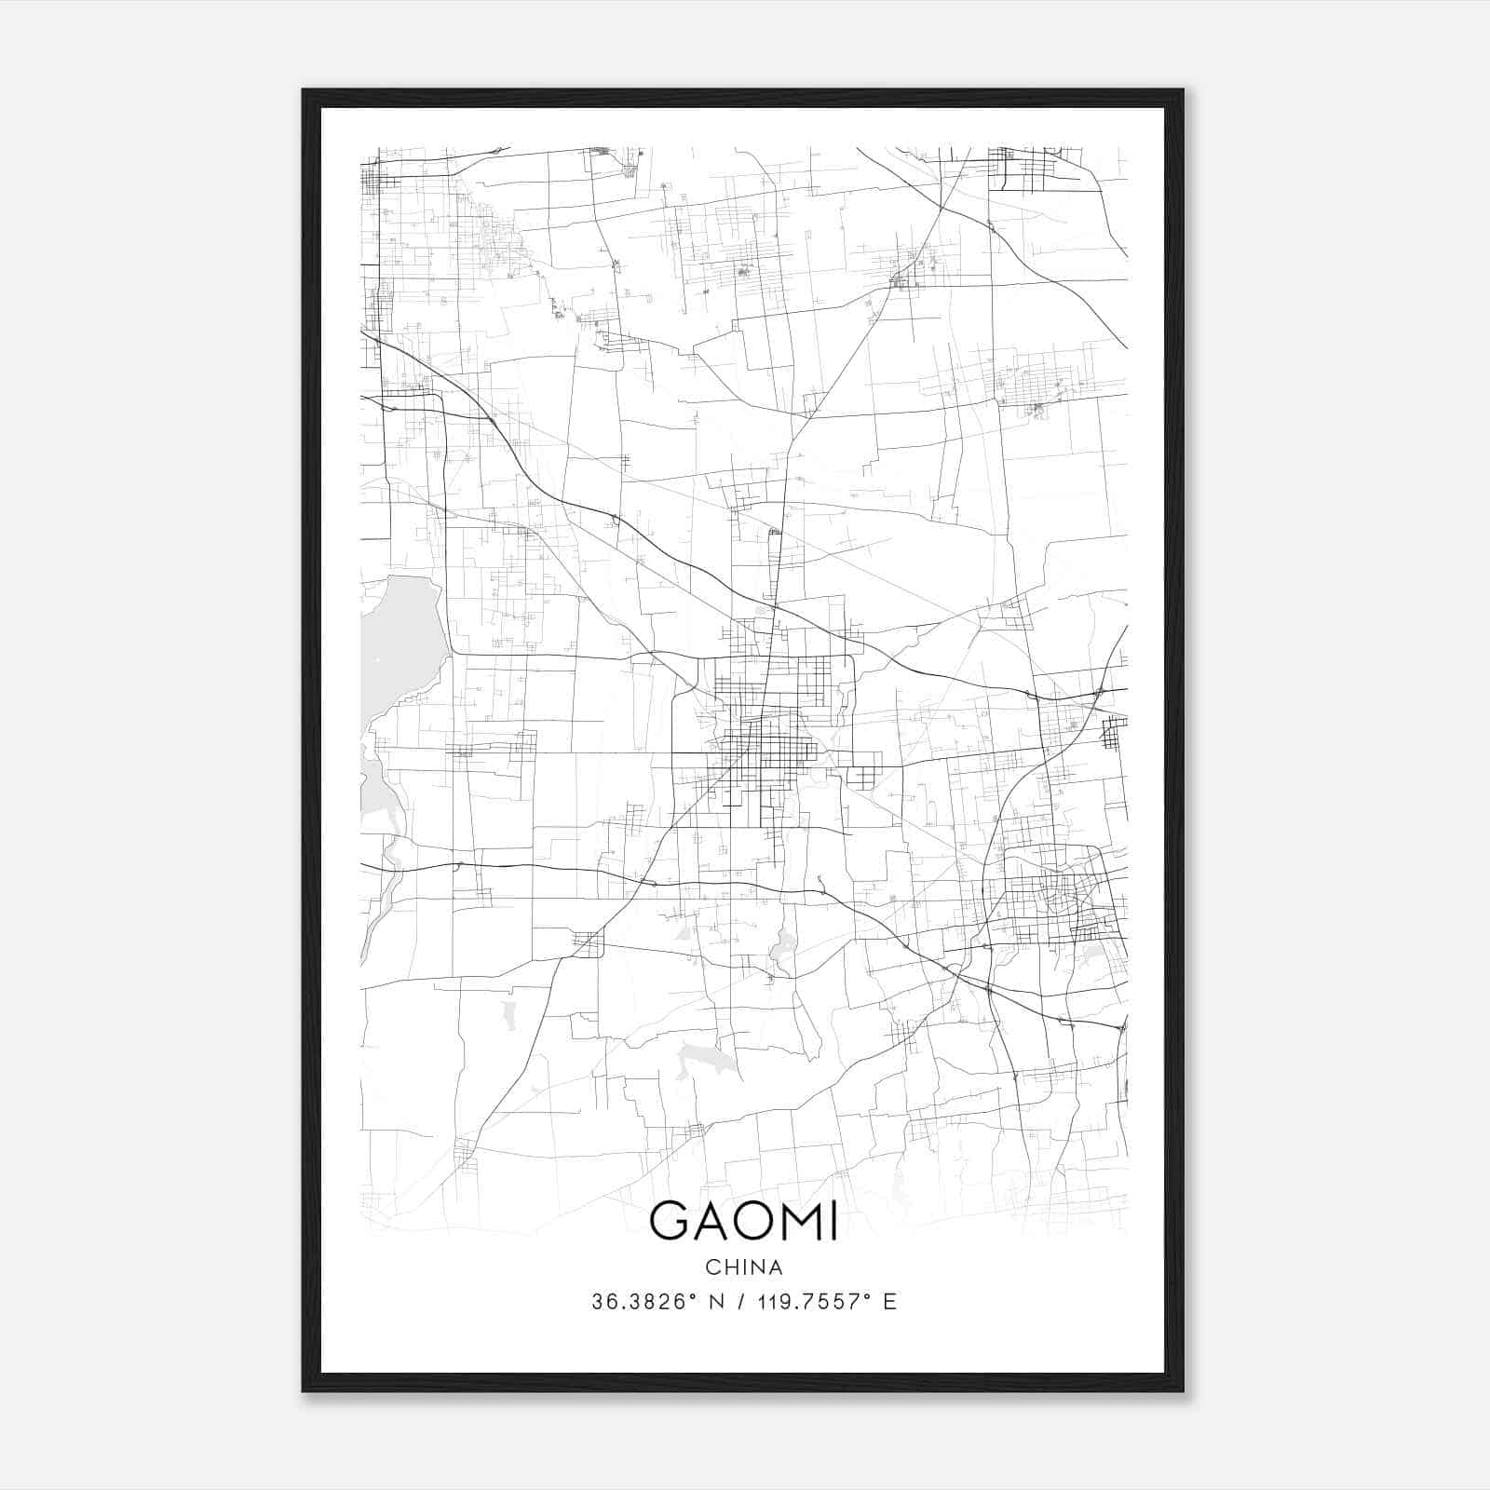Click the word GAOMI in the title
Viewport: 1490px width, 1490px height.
click(743, 1221)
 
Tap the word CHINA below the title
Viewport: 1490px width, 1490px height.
click(744, 1267)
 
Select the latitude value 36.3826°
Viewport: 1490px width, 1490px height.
click(643, 1302)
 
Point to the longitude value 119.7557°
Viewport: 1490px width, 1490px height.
click(819, 1302)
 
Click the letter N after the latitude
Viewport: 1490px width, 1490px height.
click(717, 1302)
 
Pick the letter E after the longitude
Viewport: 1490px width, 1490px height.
click(890, 1302)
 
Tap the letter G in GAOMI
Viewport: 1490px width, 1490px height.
click(669, 1221)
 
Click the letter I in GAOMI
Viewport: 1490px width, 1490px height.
click(833, 1221)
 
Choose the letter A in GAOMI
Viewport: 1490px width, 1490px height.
click(713, 1221)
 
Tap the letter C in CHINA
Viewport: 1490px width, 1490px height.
click(712, 1267)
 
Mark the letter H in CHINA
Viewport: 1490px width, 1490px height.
click(729, 1267)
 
